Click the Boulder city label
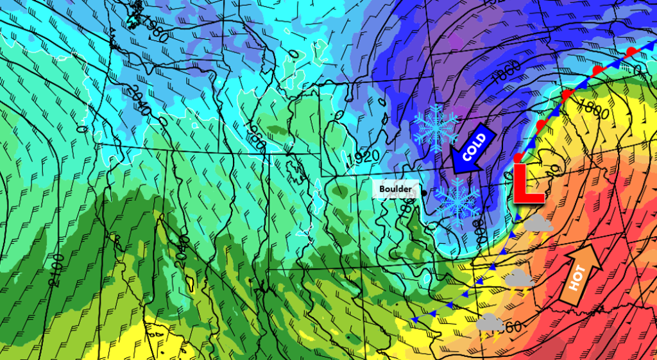click(395, 189)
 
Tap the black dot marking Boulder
click(425, 191)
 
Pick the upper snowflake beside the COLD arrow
click(436, 128)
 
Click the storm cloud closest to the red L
click(539, 223)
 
